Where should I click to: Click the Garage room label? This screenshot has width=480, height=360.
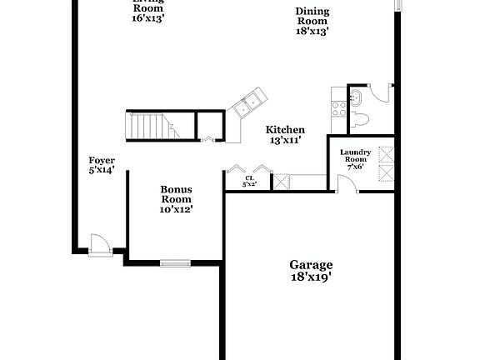click(x=312, y=264)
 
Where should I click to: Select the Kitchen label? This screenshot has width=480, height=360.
click(x=285, y=130)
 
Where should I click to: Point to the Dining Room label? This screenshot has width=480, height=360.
click(x=312, y=16)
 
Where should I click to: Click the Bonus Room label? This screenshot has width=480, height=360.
click(x=176, y=194)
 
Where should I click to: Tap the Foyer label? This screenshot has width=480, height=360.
click(x=102, y=160)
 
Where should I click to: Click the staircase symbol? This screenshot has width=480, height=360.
click(x=151, y=127)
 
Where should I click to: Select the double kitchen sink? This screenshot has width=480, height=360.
click(x=247, y=106)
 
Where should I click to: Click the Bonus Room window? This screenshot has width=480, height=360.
click(x=175, y=263)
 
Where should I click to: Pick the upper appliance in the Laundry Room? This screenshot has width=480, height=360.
click(x=387, y=154)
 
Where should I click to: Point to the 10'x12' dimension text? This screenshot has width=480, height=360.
click(x=176, y=209)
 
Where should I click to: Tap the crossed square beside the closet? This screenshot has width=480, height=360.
click(x=282, y=181)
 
